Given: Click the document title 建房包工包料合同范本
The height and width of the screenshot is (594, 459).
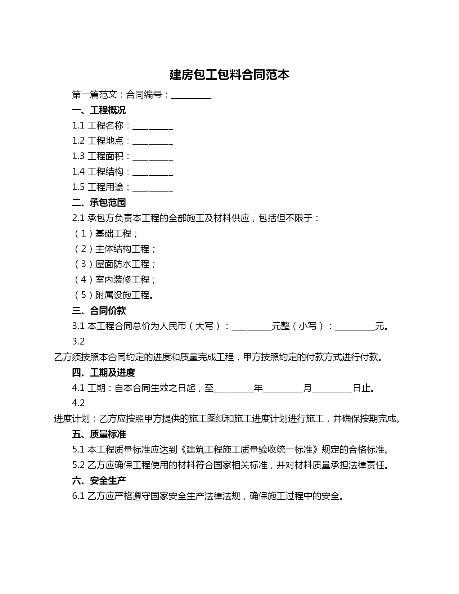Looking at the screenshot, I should (x=229, y=75).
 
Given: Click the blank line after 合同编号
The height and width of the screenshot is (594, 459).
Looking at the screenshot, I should (x=191, y=95).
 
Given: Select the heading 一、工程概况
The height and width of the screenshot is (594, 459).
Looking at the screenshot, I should (x=99, y=110).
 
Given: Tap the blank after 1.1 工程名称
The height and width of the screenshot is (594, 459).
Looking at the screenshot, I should (x=153, y=126).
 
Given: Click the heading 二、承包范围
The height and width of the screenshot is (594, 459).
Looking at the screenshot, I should (x=99, y=203).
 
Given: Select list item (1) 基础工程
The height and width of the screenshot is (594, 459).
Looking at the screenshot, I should (x=106, y=234).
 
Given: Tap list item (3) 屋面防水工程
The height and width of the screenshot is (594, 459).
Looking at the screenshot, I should (x=115, y=264).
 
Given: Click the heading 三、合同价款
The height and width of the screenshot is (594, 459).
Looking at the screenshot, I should (x=99, y=311).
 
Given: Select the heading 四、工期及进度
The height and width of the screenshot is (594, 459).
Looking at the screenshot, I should (x=103, y=373).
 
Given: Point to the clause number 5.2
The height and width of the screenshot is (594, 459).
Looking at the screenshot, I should (x=78, y=465).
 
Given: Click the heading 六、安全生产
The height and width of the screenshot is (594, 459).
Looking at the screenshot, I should (x=99, y=481).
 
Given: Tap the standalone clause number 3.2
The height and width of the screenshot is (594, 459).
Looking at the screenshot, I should (x=78, y=341).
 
